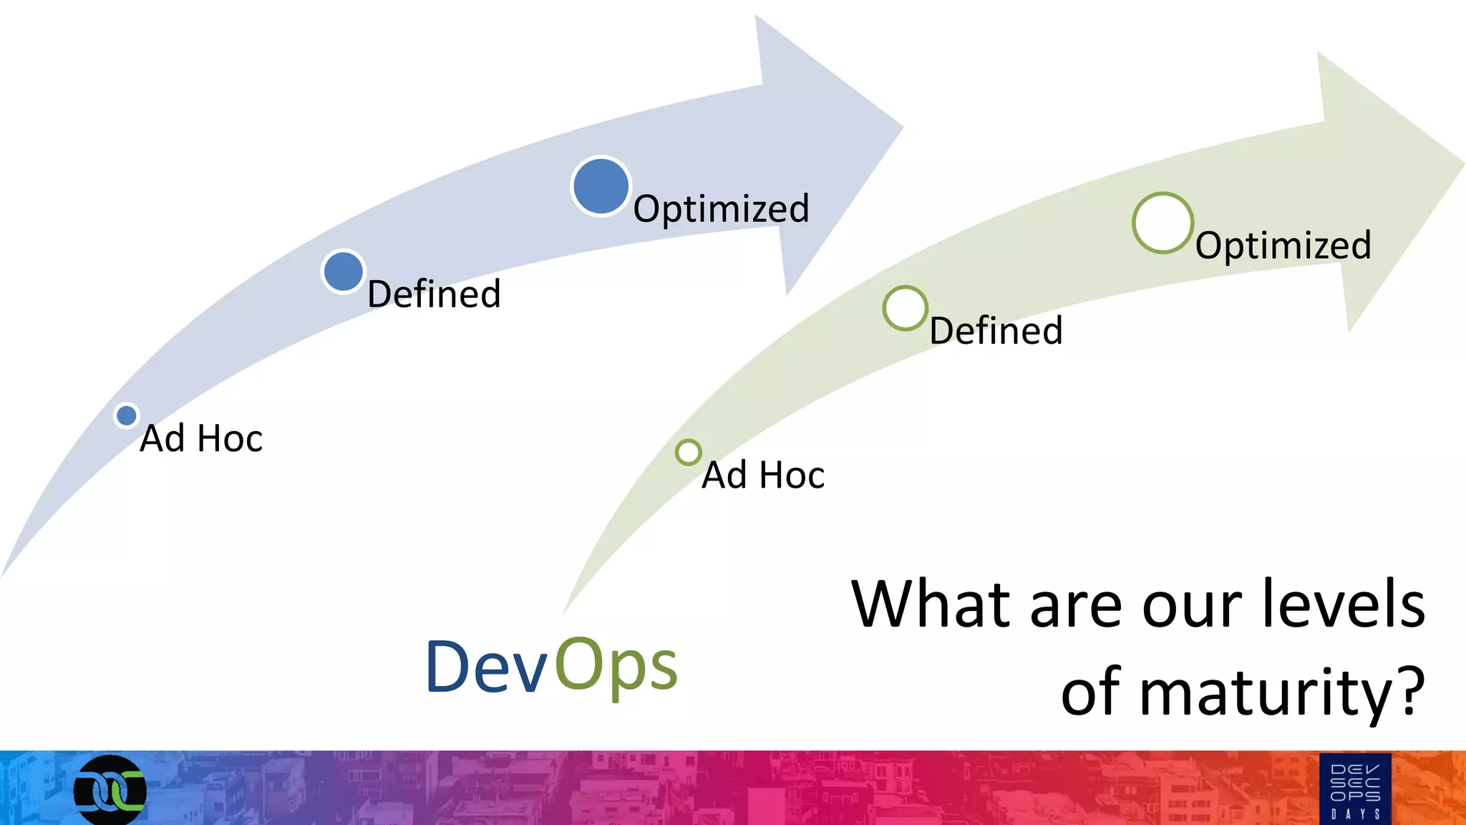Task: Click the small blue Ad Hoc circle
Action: point(127,415)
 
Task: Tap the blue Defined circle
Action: point(344,271)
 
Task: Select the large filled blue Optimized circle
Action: point(601,186)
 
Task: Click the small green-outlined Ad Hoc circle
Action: point(688,453)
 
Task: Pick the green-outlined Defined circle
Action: point(905,308)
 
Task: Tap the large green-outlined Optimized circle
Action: point(1162,223)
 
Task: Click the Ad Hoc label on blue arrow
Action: point(201,438)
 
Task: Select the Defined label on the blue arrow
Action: point(434,294)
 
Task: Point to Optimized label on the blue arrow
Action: point(721,209)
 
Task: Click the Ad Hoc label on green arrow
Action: point(763,475)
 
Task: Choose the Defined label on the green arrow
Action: point(996,331)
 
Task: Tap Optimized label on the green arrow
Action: point(1283,246)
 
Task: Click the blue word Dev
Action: point(487,667)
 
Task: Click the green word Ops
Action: point(616,667)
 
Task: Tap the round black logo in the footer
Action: point(110,790)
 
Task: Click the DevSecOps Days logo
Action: point(1354,789)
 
